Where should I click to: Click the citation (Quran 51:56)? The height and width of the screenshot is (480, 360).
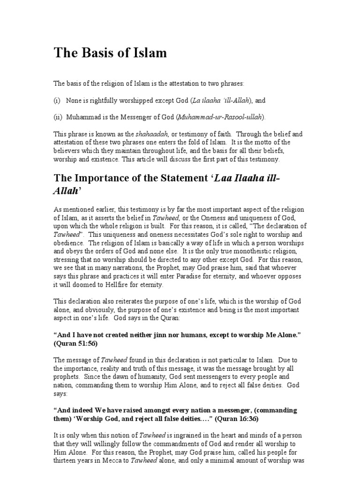coord(78,343)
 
